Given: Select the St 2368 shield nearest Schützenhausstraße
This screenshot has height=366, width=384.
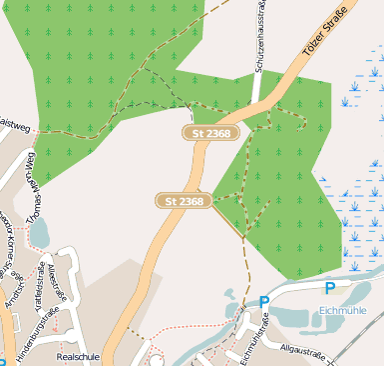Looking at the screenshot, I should coord(211,133).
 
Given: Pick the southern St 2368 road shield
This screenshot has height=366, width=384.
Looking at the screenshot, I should coord(185,201).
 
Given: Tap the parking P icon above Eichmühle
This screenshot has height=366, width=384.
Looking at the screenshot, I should coord(329,288).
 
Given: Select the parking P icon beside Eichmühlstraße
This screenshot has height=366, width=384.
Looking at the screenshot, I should coord(263,302).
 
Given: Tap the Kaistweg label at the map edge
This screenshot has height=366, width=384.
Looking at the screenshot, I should coord(14,126).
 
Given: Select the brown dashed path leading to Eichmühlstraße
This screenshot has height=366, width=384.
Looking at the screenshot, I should coord(245,270).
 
